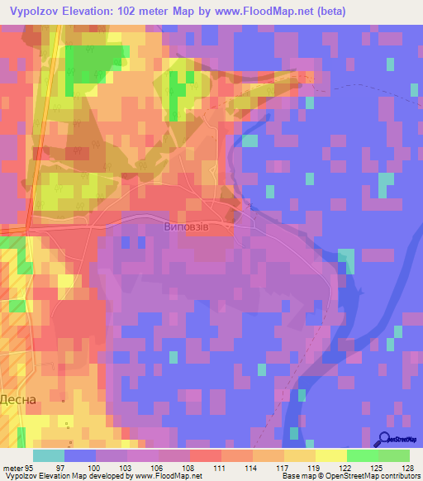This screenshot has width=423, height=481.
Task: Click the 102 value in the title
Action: click(133, 11)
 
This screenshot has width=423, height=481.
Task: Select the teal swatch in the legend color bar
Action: click(49, 455)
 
